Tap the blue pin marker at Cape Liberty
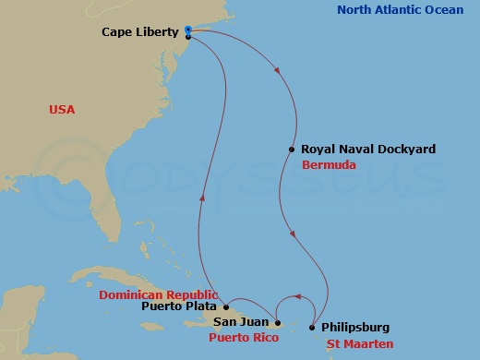click(x=187, y=30)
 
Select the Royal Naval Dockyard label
click(x=355, y=149)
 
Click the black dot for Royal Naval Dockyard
click(x=292, y=150)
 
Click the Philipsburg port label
click(x=356, y=327)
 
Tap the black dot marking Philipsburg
click(x=313, y=328)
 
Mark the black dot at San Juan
click(x=277, y=323)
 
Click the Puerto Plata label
click(x=181, y=306)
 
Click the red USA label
click(x=62, y=110)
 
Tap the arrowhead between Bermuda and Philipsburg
click(x=294, y=234)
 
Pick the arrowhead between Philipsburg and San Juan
click(x=297, y=297)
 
